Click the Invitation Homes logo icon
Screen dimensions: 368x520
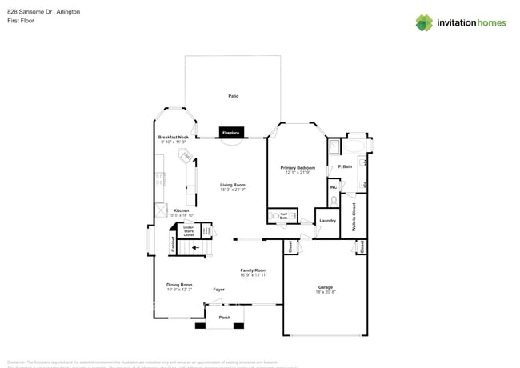(424, 22)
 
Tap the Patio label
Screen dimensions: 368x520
(233, 96)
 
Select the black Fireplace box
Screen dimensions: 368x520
(231, 132)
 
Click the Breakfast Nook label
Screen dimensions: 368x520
(173, 137)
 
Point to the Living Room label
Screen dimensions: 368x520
(232, 185)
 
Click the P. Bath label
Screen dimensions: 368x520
(346, 166)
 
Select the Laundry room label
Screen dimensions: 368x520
(327, 220)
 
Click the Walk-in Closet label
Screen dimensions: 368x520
(354, 216)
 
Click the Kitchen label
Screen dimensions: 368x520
(182, 210)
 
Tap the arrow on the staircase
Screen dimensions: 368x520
(196, 248)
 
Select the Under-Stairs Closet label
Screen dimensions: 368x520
(189, 231)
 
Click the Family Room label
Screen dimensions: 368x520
(253, 270)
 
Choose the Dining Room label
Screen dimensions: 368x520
(179, 285)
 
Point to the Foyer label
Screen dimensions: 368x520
(218, 289)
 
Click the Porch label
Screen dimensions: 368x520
(225, 318)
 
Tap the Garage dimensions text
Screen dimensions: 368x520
(325, 292)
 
